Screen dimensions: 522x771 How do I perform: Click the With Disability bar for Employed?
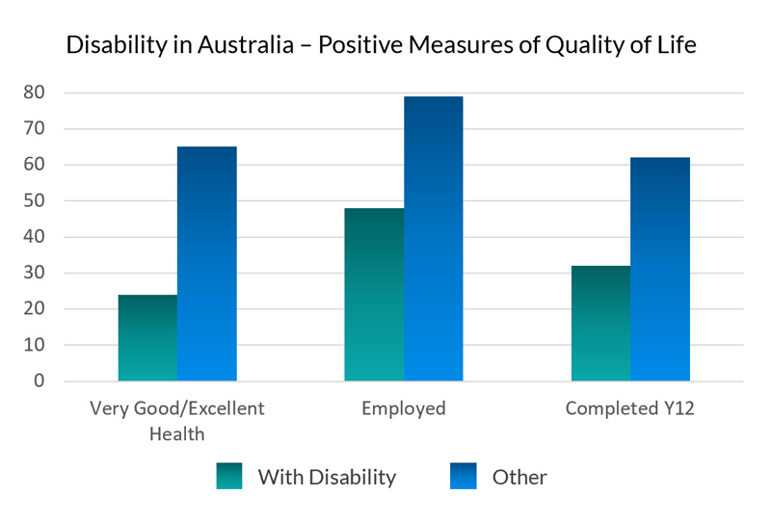tap(374, 295)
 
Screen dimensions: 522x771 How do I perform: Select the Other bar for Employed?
tap(433, 239)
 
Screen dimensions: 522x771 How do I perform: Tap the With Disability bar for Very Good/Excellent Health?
tap(147, 338)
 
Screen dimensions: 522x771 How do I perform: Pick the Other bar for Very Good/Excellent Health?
tap(206, 264)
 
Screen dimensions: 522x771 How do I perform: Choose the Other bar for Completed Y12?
tap(660, 270)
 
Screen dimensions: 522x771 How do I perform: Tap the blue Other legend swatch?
tap(465, 476)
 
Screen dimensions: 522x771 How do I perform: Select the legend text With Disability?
tap(327, 477)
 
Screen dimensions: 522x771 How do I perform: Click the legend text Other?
tap(519, 477)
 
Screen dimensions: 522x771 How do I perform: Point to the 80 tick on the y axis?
tap(35, 93)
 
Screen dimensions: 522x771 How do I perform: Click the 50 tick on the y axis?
tap(35, 201)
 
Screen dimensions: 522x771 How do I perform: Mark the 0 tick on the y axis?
tap(40, 381)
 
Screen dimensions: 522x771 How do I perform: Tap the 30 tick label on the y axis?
tap(35, 274)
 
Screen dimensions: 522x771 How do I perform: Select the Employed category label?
tap(404, 408)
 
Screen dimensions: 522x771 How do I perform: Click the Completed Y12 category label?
tap(629, 408)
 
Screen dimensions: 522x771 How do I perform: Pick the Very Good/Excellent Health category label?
tap(176, 420)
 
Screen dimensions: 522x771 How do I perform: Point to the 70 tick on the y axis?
tap(35, 129)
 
